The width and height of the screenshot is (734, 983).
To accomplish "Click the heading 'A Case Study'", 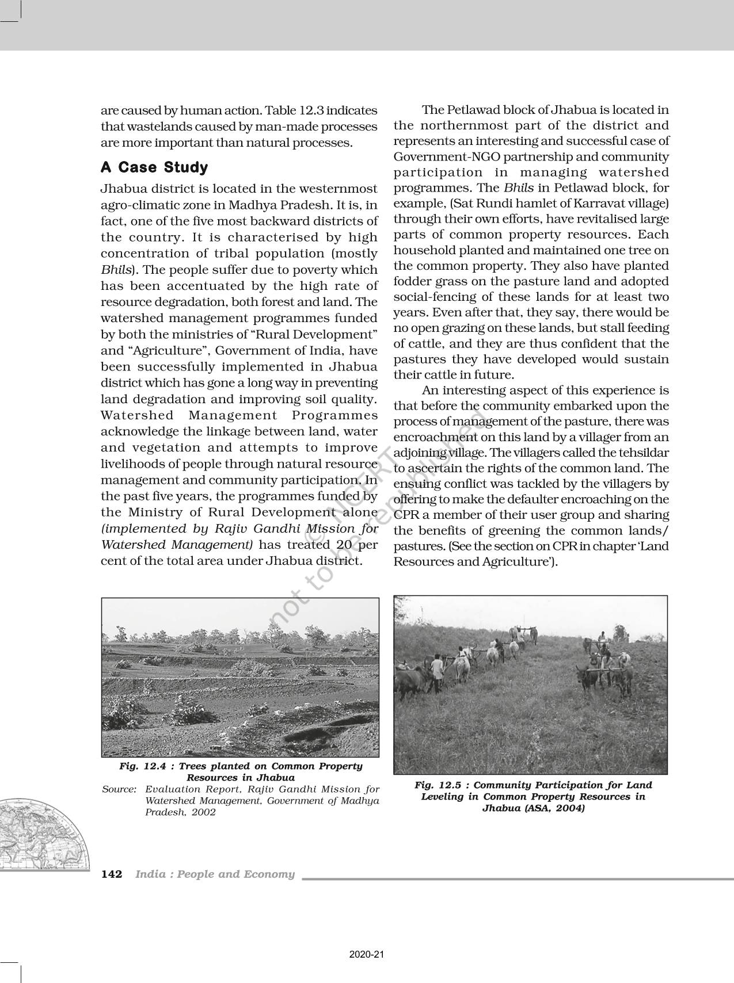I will tap(154, 167).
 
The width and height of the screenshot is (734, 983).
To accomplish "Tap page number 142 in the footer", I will tap(112, 874).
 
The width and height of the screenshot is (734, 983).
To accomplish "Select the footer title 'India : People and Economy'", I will tap(215, 874).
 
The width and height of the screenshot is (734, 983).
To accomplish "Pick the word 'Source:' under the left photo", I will tap(119, 790).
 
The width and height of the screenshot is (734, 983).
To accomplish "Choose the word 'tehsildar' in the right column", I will tap(642, 453).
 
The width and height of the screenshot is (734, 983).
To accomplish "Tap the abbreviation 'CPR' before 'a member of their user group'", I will tap(406, 515).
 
